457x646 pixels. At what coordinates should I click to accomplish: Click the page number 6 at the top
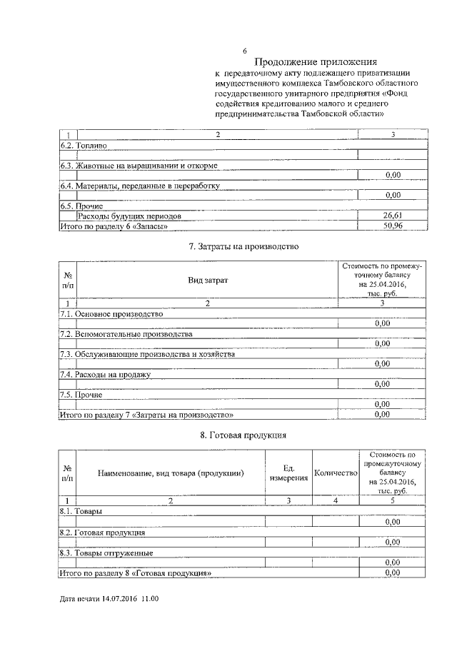244,51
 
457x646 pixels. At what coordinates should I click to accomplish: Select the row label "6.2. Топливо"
84,145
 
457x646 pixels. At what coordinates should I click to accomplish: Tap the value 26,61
392,216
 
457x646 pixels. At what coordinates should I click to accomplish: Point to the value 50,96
392,226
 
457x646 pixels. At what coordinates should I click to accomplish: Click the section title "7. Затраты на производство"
243,247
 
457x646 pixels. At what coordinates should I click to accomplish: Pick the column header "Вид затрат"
208,281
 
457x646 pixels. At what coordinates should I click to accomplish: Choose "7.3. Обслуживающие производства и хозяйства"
146,354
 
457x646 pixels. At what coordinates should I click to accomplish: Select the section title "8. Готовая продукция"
243,434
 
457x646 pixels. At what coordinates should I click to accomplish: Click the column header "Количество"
335,473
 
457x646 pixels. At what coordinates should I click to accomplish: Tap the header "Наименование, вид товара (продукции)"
171,473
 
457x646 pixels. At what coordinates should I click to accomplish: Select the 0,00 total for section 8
392,573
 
